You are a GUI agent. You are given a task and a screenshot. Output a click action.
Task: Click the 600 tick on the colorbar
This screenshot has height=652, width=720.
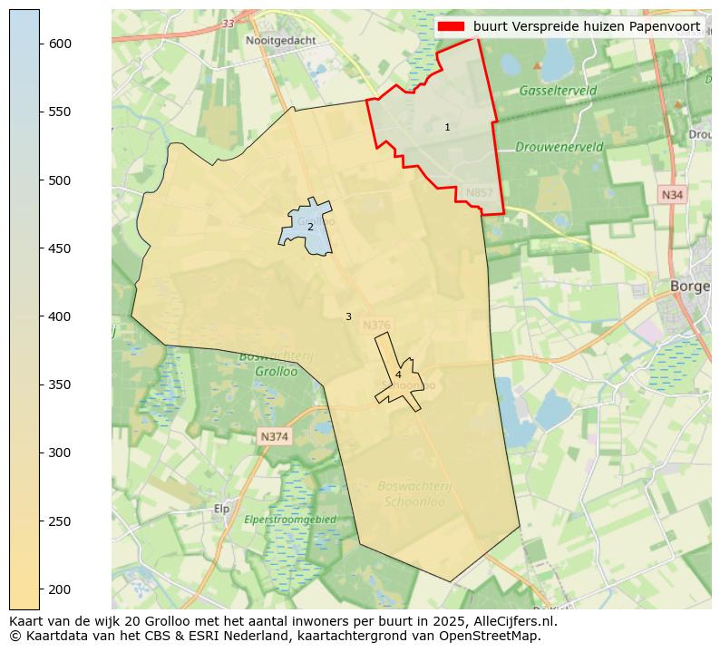[x=40, y=44]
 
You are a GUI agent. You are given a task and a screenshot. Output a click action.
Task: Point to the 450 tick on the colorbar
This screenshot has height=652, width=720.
[x=40, y=248]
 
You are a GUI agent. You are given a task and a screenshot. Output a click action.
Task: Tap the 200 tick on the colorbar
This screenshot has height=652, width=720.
[x=40, y=589]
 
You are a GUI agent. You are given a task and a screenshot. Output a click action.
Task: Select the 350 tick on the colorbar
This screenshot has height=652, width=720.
[x=40, y=384]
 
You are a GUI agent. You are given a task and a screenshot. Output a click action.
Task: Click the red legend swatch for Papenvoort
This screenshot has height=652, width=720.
[x=451, y=26]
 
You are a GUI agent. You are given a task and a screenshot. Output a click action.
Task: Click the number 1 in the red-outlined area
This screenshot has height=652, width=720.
[x=447, y=128]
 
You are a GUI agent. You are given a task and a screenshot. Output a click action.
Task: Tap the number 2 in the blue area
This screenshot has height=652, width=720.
[x=310, y=227]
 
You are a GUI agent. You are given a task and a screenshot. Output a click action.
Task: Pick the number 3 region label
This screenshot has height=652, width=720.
[x=348, y=317]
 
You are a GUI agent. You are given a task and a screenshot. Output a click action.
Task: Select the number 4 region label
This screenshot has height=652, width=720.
[x=398, y=375]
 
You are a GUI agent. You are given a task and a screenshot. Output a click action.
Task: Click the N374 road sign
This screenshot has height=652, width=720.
[x=274, y=437]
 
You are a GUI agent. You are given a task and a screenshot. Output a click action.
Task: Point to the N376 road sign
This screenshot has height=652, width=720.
[x=376, y=326]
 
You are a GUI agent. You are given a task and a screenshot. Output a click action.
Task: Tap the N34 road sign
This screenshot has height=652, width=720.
[x=671, y=195]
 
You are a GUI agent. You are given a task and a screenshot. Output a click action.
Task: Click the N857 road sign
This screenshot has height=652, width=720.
[x=479, y=193]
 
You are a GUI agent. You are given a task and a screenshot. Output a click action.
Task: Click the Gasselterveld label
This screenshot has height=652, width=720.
[x=558, y=91]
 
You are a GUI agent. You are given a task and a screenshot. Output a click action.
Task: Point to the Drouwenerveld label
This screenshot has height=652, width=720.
[x=559, y=146]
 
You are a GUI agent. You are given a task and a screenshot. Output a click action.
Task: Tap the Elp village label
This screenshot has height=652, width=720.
[x=220, y=509]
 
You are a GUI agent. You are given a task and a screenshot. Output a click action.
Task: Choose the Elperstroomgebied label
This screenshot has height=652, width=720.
[x=290, y=520]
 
